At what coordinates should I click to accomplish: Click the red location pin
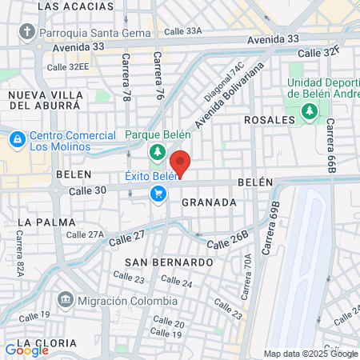pos(181,162)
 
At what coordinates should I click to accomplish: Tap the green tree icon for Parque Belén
pos(158,152)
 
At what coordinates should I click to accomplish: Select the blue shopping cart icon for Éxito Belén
pos(158,194)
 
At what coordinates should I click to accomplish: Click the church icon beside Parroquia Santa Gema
pos(27,32)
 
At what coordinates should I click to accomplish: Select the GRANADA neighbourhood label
pos(209,202)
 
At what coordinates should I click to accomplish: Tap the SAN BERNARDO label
pos(169,262)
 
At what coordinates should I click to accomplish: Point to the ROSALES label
pos(264,120)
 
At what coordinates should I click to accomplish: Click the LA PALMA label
pos(39,221)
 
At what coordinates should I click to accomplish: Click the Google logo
pos(26,350)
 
